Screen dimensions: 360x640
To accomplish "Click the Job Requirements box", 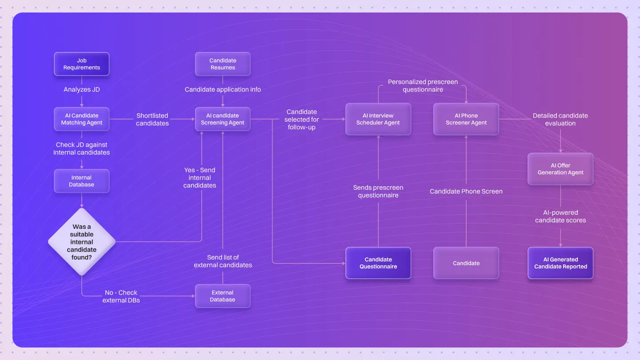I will click(82, 64).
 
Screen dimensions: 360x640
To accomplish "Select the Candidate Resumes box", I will click(223, 64).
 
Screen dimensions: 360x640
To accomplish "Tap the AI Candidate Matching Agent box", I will click(82, 119).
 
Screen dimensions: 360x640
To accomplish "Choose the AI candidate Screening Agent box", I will click(223, 119).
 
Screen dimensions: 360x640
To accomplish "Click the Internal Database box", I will click(82, 181).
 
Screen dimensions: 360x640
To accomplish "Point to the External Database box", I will click(223, 296).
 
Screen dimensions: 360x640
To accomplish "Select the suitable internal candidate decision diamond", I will click(82, 242).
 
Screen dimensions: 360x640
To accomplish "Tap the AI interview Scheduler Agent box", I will click(378, 119).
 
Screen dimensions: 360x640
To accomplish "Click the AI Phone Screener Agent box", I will click(466, 119).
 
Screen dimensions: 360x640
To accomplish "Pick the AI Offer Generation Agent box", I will click(560, 169).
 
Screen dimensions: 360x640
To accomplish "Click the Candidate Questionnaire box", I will click(378, 263).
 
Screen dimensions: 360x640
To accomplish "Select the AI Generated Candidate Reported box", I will click(560, 263).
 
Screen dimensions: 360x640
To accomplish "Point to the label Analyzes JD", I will click(82, 89).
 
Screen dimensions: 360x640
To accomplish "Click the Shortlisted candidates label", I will click(152, 119).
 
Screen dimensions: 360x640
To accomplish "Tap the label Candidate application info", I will click(223, 89).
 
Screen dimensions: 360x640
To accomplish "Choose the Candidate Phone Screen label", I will click(466, 191).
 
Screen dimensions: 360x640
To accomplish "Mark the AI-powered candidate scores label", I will click(560, 216).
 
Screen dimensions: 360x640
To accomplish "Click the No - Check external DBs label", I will click(121, 296).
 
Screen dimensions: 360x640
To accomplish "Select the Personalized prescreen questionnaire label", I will click(423, 85).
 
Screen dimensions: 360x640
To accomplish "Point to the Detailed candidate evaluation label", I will click(560, 119).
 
